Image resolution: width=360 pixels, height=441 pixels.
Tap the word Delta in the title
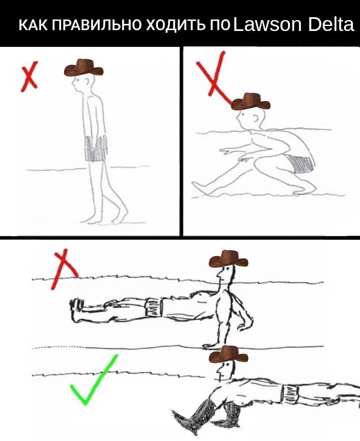tap(331, 24)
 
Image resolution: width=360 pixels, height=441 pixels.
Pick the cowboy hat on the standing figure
tap(84, 67)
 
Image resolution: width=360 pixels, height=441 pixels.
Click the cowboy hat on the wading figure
tap(250, 102)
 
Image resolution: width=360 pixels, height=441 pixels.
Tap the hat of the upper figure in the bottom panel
tap(229, 259)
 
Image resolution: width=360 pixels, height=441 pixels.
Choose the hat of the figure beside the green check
tap(229, 354)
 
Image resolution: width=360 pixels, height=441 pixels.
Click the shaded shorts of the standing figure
tap(96, 149)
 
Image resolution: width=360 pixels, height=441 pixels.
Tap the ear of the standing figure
tap(88, 82)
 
